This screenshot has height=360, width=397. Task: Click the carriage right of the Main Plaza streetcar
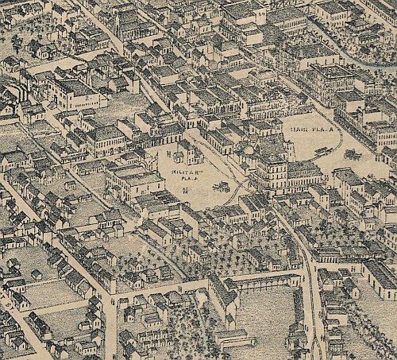tap(349, 153)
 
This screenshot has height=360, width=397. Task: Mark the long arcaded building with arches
tap(262, 281)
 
